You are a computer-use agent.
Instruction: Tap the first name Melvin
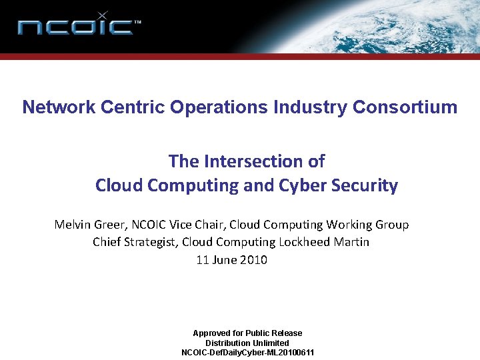[73, 225]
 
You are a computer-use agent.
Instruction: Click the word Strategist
[149, 242]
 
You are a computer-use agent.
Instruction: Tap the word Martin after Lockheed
[351, 242]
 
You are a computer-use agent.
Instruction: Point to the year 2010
[254, 260]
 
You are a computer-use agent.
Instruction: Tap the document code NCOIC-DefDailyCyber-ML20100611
[248, 353]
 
